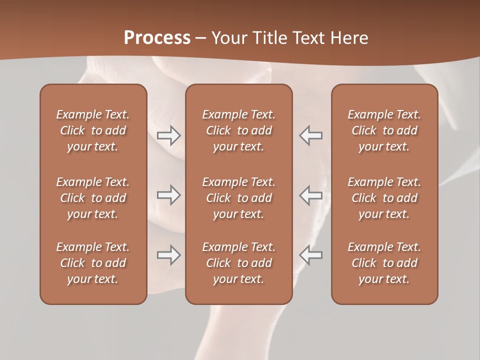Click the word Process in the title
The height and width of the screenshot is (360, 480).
(157, 38)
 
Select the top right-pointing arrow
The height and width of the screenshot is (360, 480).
(169, 135)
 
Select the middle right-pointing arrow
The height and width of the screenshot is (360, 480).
(169, 195)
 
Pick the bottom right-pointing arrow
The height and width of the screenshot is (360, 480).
(169, 255)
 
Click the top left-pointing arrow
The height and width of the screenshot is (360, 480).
(310, 135)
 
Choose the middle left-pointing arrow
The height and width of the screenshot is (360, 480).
(310, 195)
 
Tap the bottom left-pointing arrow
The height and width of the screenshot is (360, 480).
(310, 255)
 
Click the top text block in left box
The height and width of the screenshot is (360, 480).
(93, 130)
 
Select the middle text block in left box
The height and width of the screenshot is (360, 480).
(93, 198)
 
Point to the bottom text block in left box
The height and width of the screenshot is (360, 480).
(93, 263)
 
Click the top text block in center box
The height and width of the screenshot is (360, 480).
(238, 130)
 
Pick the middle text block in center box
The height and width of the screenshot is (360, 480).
(238, 198)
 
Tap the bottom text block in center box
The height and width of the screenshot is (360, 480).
(238, 263)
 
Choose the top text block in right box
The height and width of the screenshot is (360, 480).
(384, 130)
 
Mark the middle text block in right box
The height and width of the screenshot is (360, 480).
(384, 198)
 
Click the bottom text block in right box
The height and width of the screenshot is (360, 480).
(384, 263)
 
